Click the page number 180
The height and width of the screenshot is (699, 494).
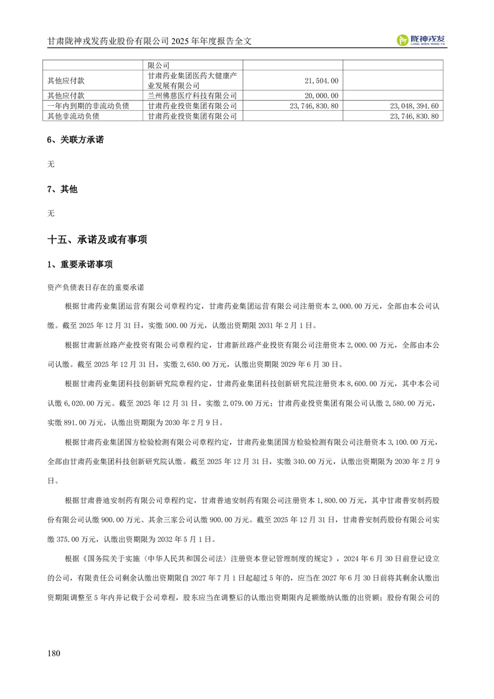54,653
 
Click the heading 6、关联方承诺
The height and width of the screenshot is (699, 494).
75,140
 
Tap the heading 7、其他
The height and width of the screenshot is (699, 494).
62,189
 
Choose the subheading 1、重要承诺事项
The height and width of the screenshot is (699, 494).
80,264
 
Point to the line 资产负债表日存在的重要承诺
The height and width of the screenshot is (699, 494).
95,288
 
